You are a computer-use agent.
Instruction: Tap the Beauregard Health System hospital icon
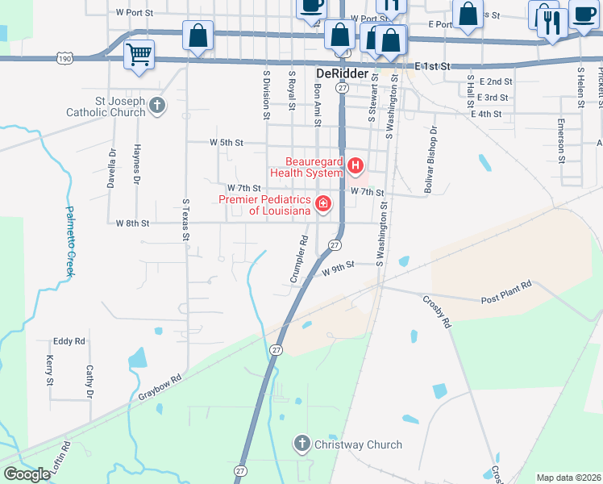point(356,168)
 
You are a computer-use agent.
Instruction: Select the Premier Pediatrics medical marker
point(323,203)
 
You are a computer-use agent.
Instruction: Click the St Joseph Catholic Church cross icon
point(157,105)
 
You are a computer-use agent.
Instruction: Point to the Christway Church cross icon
point(301,443)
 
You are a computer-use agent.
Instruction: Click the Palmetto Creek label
point(69,241)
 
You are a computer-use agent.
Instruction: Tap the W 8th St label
point(133,223)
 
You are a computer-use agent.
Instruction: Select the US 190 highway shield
point(65,58)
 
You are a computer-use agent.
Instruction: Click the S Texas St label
point(185,220)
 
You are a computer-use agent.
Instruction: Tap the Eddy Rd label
point(69,341)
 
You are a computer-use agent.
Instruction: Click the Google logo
point(27,474)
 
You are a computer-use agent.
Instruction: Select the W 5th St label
point(227,143)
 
